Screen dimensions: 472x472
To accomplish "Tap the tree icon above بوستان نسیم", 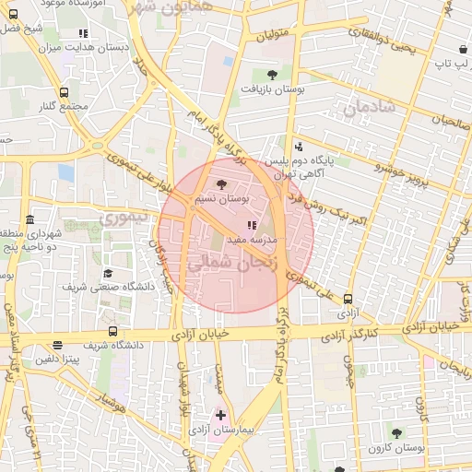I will pos(220,185).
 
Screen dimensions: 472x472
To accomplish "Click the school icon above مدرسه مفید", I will pos(252,225).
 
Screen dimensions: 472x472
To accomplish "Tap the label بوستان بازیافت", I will pos(272,88).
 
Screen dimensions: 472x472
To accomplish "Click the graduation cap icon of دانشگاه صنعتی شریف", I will pos(108,274).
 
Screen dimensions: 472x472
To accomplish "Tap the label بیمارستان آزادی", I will pos(220,430).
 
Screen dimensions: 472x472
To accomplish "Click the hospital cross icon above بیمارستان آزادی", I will pos(220,416).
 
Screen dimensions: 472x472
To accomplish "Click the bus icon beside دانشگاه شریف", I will pos(112,331).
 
